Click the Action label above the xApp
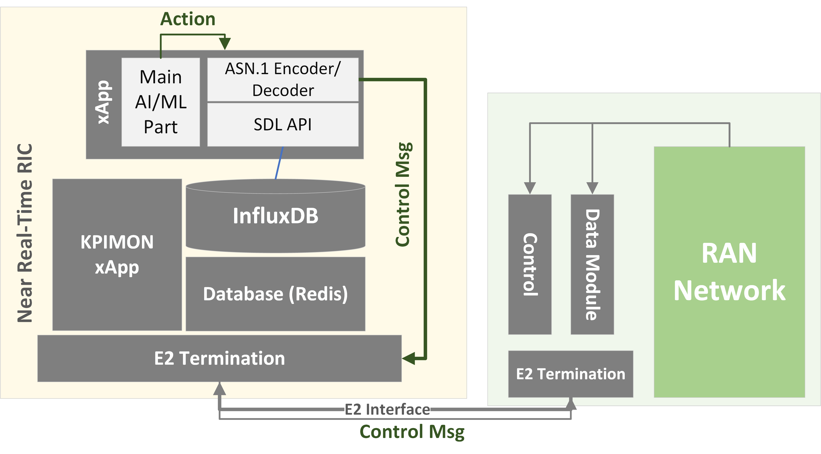pyautogui.click(x=188, y=19)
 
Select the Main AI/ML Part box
pyautogui.click(x=161, y=102)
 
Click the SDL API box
pyautogui.click(x=283, y=124)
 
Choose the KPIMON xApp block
pyautogui.click(x=117, y=255)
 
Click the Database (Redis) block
pyautogui.click(x=275, y=294)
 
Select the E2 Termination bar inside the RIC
pyautogui.click(x=219, y=358)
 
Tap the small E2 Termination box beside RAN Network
pyautogui.click(x=570, y=374)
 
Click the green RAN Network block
pyautogui.click(x=729, y=272)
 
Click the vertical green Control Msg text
pyautogui.click(x=403, y=195)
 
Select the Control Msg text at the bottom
pyautogui.click(x=412, y=432)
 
